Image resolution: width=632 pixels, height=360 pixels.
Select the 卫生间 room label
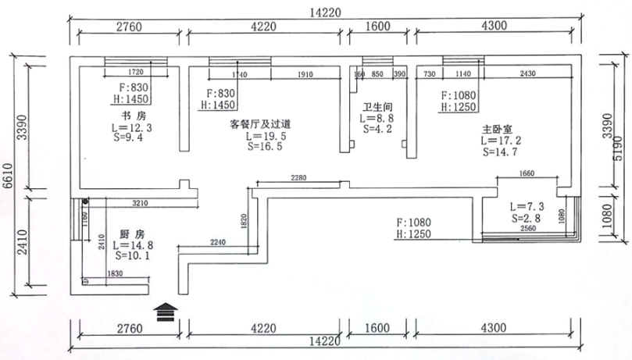coord(377,107)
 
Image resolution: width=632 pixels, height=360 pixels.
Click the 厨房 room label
coord(132,234)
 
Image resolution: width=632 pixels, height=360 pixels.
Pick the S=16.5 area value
coord(264,145)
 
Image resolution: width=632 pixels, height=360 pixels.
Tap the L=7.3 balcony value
coord(527,207)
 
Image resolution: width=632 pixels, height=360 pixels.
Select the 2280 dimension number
coord(298,178)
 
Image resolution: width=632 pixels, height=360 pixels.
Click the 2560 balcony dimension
coord(528,229)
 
